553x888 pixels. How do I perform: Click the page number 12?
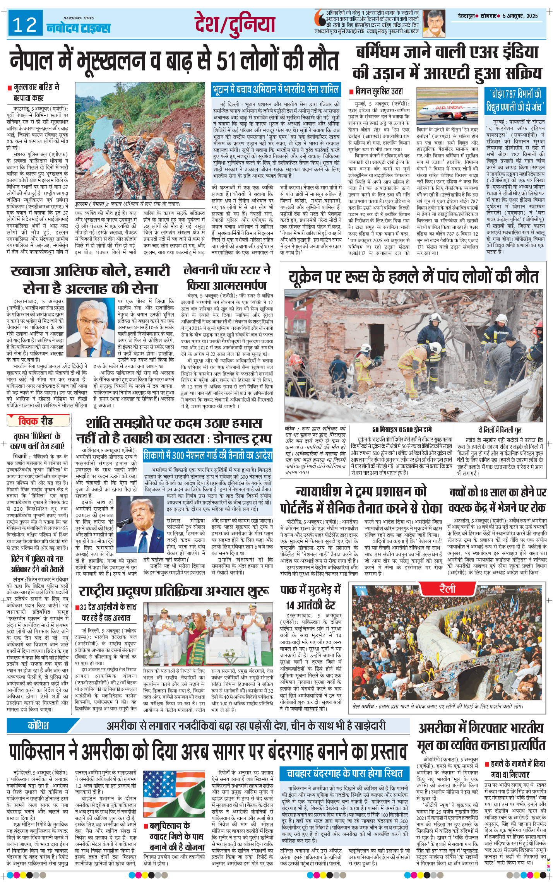coord(25,25)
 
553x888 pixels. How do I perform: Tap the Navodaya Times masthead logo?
coord(79,27)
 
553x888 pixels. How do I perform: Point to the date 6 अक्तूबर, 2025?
coord(520,16)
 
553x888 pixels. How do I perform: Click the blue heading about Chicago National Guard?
coord(208,455)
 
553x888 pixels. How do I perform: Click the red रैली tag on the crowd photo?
coord(447,589)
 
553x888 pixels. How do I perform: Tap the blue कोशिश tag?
coord(38,725)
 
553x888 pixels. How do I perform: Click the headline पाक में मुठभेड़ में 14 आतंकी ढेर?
coord(311,597)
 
